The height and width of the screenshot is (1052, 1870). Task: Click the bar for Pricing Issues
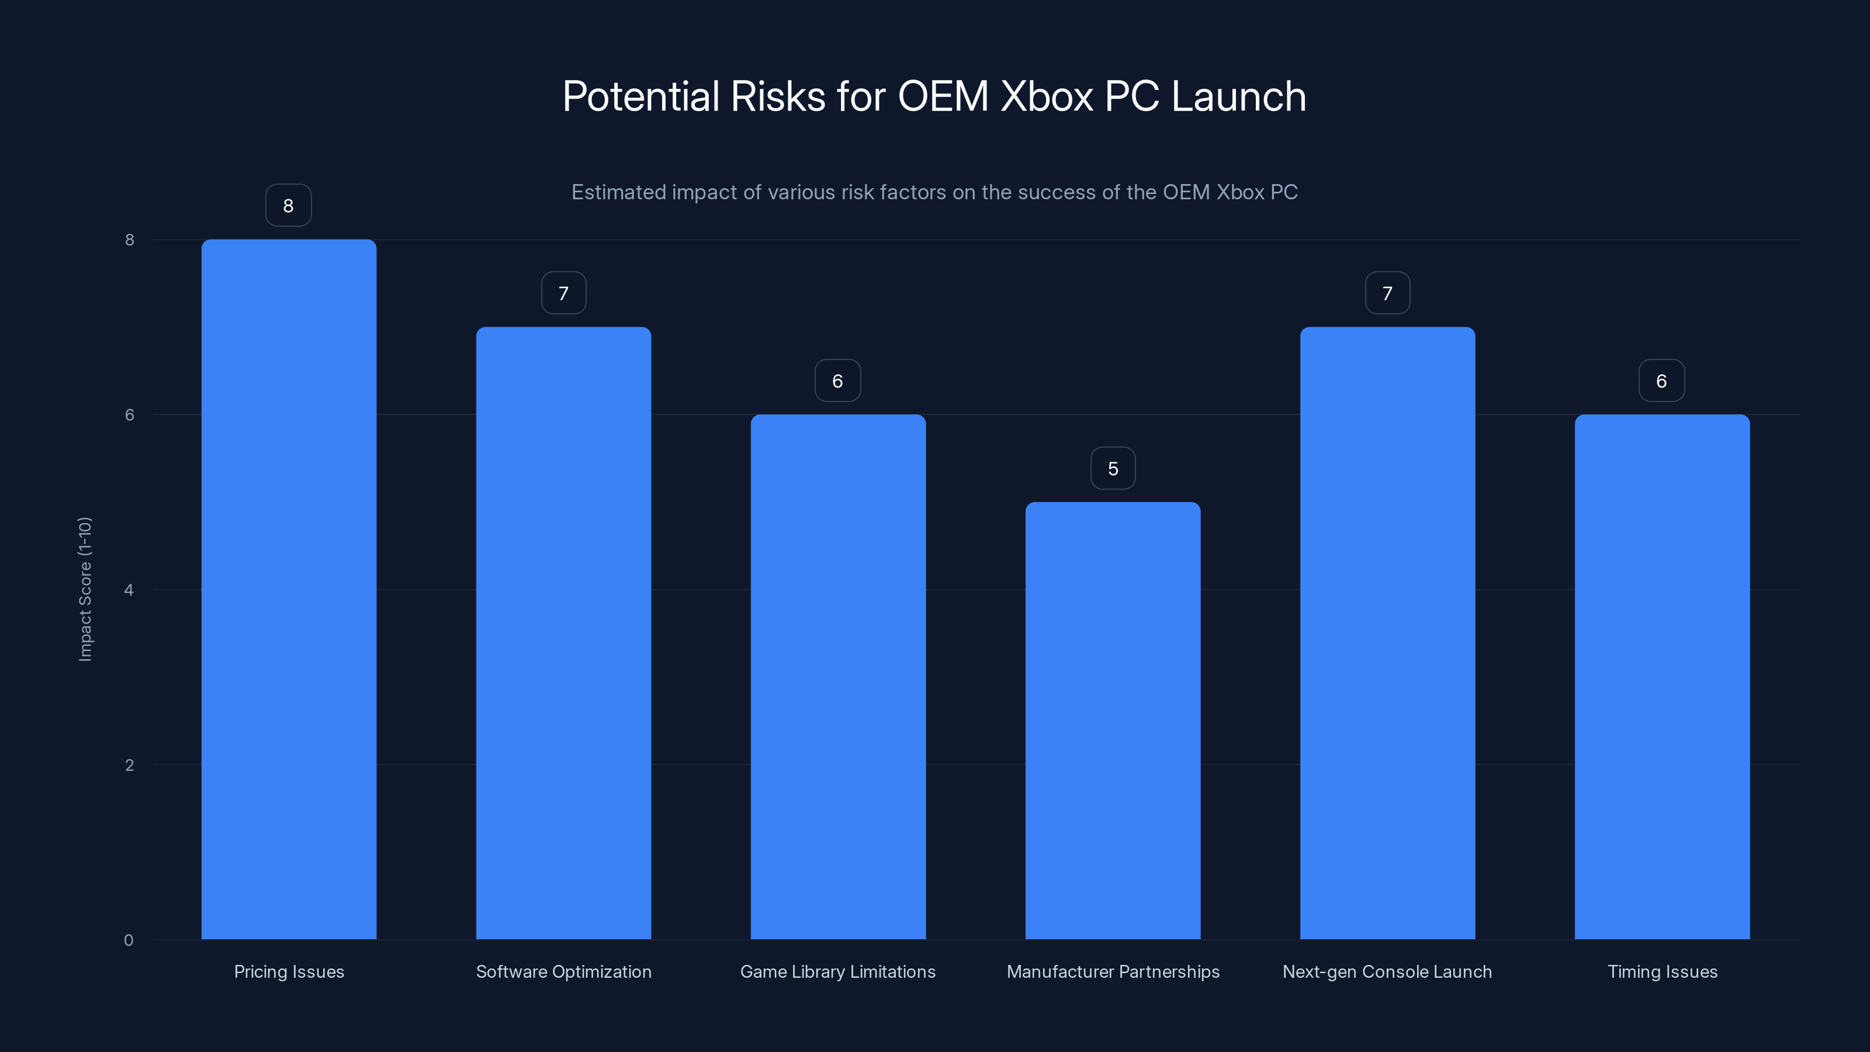click(288, 589)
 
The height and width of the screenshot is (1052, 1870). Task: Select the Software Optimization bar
click(563, 632)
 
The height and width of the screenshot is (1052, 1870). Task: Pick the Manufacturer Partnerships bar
click(1112, 719)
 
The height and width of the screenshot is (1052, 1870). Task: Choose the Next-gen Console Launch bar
click(1387, 632)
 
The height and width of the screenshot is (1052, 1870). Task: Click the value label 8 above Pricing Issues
click(288, 206)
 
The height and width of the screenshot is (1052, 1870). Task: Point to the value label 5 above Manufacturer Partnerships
click(1112, 468)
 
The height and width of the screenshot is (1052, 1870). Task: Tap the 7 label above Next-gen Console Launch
click(1387, 293)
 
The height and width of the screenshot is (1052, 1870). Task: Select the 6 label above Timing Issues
click(1661, 381)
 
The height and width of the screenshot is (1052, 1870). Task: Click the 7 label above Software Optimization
click(563, 293)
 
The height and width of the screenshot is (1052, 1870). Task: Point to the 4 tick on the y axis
click(129, 590)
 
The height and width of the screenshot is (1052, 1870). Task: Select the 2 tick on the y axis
click(129, 764)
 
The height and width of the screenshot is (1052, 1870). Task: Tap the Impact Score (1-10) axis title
click(85, 589)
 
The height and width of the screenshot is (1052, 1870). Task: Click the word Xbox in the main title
click(1046, 96)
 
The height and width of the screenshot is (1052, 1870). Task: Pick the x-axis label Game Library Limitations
click(838, 971)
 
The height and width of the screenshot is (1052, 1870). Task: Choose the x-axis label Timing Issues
click(1661, 971)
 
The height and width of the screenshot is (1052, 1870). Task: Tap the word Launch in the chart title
click(1238, 96)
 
